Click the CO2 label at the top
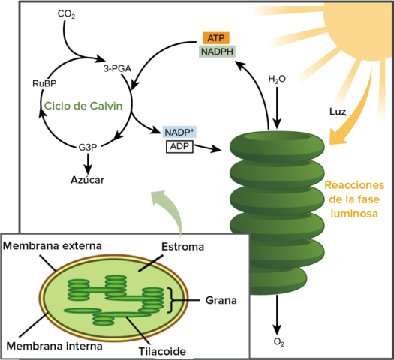[x=66, y=14]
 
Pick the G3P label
[x=90, y=148]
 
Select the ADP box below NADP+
[x=179, y=146]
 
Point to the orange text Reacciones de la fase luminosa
[x=354, y=199]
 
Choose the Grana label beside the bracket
[x=221, y=301]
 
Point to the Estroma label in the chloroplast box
[x=183, y=246]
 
